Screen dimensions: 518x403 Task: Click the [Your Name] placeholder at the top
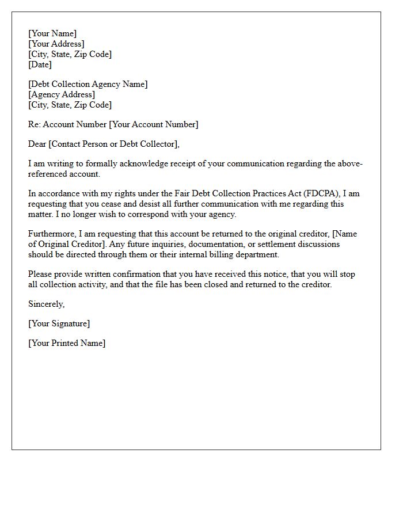(52, 33)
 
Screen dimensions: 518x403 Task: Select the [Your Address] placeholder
(56, 44)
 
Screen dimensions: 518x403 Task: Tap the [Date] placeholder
(40, 64)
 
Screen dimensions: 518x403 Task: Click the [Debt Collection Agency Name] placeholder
(88, 84)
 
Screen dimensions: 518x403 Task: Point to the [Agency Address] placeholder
(62, 94)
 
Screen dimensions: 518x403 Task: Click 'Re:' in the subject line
(35, 124)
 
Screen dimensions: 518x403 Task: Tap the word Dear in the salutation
(37, 144)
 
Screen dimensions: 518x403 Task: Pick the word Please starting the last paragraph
(41, 274)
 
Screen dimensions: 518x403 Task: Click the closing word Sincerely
(46, 304)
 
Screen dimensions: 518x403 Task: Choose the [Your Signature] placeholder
(59, 323)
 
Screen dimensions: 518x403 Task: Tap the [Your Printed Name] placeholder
(67, 343)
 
